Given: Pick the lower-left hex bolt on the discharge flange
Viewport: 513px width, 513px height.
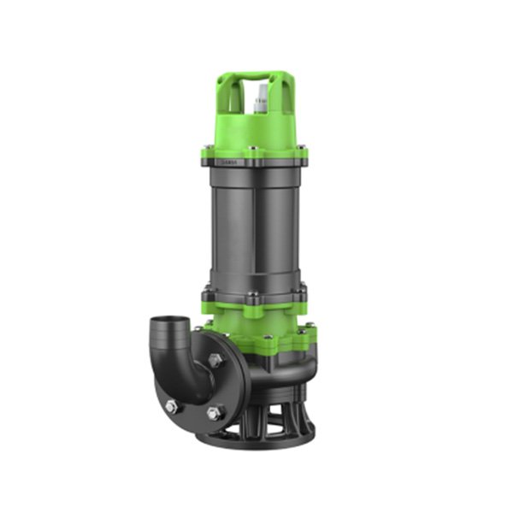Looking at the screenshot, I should click(171, 406).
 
